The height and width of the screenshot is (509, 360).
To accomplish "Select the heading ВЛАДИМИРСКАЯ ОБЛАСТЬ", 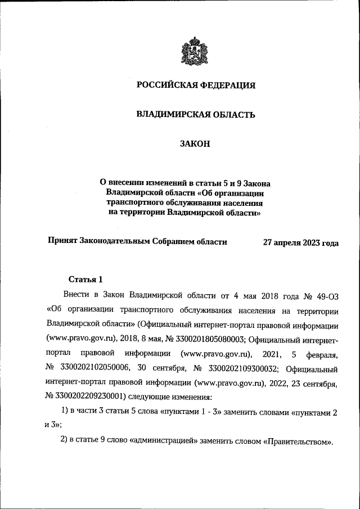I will [x=196, y=115].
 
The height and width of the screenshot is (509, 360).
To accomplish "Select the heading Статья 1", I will [x=85, y=279].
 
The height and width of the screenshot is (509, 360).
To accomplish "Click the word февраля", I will [x=323, y=354].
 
